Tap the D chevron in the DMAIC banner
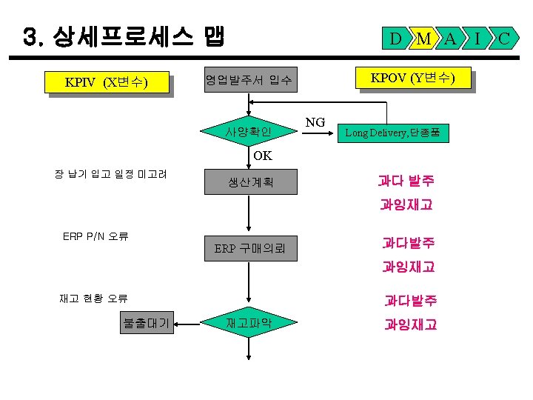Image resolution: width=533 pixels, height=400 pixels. point(397,38)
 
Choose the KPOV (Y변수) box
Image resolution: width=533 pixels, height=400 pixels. point(412,78)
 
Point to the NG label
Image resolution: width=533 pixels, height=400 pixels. point(315,121)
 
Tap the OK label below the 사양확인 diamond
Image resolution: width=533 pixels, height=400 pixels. point(262,156)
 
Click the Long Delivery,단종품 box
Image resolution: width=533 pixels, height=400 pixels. point(393,133)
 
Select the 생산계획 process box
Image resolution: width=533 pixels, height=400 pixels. point(249,181)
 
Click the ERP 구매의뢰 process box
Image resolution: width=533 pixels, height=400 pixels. point(249,248)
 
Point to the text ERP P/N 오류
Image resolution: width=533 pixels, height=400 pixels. point(96,237)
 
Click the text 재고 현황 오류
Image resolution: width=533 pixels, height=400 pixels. point(93,299)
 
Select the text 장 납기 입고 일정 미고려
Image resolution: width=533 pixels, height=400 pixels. point(110,174)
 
